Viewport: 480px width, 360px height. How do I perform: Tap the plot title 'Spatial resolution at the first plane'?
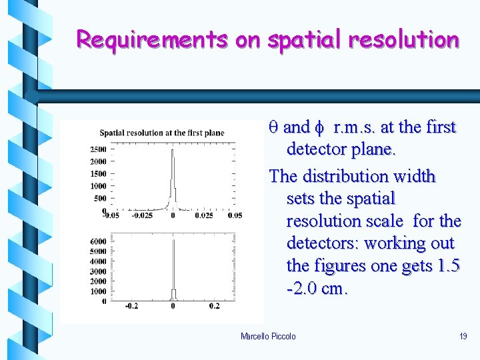162,133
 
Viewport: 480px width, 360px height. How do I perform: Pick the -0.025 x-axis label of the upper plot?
141,216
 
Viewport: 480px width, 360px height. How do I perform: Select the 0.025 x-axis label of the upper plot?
204,216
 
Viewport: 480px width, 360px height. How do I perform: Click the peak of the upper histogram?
173,151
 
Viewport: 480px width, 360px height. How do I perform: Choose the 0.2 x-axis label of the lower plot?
213,306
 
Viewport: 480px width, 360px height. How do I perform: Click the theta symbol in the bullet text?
273,127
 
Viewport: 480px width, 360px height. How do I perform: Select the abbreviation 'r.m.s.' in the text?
358,127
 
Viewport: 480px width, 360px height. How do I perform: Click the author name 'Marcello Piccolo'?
268,336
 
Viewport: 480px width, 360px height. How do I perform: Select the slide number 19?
463,336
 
